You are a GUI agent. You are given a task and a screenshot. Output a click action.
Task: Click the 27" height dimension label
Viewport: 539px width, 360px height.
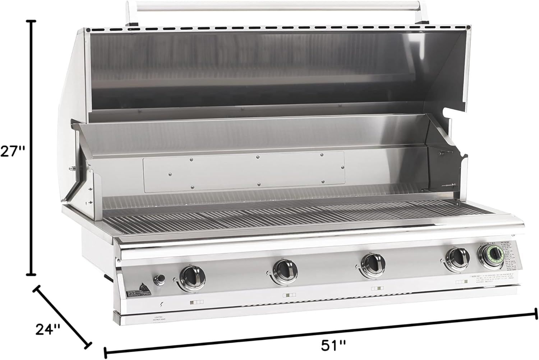[x=12, y=151]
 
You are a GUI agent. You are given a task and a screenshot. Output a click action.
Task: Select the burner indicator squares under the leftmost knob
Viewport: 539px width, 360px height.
[x=197, y=302]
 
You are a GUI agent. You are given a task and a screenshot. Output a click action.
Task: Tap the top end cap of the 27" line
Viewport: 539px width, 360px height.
[x=32, y=22]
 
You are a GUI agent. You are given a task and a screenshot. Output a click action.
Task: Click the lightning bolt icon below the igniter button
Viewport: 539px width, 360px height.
[x=161, y=305]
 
